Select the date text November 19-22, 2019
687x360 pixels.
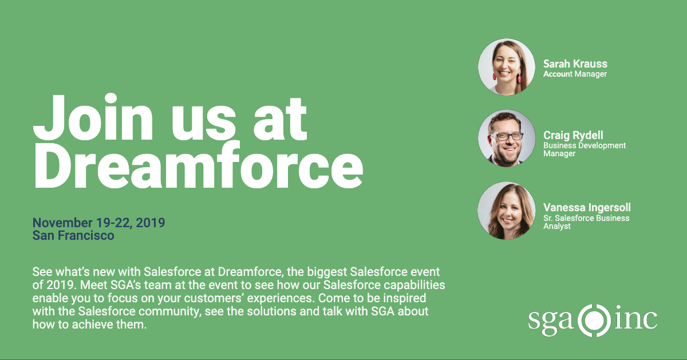pyautogui.click(x=98, y=223)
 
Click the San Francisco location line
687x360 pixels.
pyautogui.click(x=73, y=235)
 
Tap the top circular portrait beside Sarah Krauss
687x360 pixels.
pyautogui.click(x=507, y=67)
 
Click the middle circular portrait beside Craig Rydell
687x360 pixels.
pyautogui.click(x=507, y=138)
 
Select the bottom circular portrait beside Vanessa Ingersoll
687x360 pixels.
pyautogui.click(x=507, y=210)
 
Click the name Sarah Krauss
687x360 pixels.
pyautogui.click(x=575, y=64)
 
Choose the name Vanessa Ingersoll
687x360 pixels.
pyautogui.click(x=587, y=208)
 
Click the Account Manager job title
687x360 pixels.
pyautogui.click(x=575, y=74)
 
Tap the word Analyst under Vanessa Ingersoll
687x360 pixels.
pyautogui.click(x=557, y=227)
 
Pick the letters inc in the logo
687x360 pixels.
pyautogui.click(x=635, y=319)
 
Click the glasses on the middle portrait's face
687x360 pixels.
pyautogui.click(x=507, y=136)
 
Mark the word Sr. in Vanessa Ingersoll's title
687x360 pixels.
pyautogui.click(x=548, y=218)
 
